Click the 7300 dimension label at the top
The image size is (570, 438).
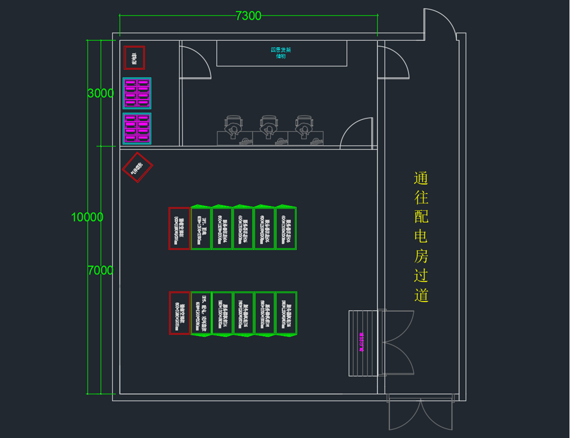pos(249,16)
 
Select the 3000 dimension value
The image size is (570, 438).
pos(100,93)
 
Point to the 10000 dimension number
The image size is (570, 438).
pos(87,217)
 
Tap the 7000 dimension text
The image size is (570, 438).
pos(100,271)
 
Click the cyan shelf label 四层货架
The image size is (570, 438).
pos(281,50)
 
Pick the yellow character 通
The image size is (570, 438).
pos(421,178)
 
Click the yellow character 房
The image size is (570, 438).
pos(421,256)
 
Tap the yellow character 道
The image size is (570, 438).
pos(421,295)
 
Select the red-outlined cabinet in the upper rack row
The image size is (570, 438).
pos(179,228)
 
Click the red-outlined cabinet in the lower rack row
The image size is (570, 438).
pos(180,313)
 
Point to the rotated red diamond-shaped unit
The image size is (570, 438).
pos(137,167)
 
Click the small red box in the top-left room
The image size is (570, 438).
pos(134,57)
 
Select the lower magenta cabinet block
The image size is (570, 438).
pos(137,129)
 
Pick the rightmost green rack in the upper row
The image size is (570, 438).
pos(286,228)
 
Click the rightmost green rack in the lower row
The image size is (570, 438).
pos(286,313)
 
